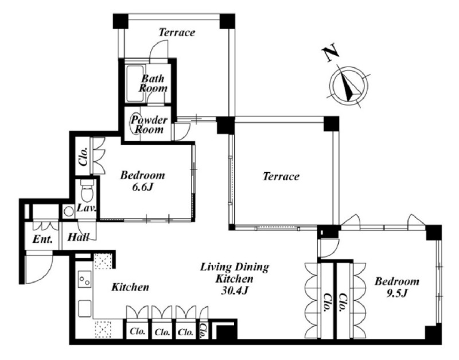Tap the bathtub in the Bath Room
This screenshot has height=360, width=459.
134,83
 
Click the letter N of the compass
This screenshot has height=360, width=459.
330,53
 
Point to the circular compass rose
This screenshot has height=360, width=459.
349,85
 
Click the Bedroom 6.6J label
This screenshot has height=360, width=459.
143,181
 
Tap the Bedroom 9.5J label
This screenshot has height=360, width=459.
397,287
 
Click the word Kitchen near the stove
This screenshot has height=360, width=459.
130,287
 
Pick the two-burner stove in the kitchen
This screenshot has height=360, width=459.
84,279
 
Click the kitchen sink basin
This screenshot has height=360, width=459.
84,308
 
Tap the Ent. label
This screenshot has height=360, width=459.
42,239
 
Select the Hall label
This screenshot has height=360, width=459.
78,237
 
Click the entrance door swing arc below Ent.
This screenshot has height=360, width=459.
44,272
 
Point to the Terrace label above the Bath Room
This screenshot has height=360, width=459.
177,32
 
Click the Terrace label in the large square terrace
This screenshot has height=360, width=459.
281,176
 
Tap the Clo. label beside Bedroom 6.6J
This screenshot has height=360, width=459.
83,157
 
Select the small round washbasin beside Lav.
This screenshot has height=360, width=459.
69,211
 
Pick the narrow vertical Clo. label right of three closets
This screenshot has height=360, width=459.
203,331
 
